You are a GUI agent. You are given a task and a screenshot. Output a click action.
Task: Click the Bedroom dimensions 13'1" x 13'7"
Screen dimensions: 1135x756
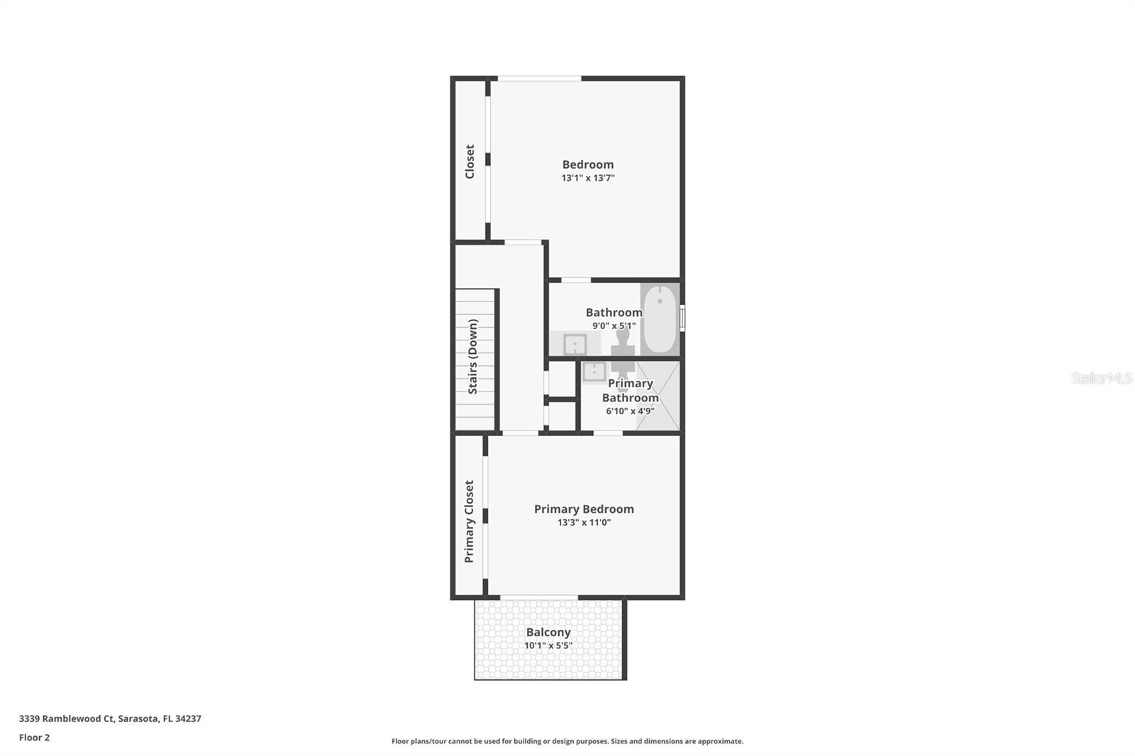pos(588,178)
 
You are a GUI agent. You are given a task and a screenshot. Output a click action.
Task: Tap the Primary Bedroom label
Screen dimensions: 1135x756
pos(584,509)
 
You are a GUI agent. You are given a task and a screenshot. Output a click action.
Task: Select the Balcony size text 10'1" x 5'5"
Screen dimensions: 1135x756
pos(548,645)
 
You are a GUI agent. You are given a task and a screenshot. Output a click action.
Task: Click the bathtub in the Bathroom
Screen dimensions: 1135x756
pos(660,319)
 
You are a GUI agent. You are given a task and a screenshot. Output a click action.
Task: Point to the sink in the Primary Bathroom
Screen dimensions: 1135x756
pos(594,372)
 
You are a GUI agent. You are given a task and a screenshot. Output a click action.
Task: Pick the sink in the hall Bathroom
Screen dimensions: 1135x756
pos(575,345)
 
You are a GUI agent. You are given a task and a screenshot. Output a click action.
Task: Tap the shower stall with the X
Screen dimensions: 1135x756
pos(658,396)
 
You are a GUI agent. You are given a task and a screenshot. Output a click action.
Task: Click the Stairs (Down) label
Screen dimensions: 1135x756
pos(472,356)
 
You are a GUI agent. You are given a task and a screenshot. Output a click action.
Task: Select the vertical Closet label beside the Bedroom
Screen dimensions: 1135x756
pos(470,162)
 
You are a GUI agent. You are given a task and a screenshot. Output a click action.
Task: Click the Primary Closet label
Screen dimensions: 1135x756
pos(469,521)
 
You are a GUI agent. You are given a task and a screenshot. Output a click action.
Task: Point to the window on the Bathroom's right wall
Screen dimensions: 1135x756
pos(682,318)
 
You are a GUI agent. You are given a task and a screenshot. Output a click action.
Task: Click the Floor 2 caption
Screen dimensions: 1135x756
pos(35,738)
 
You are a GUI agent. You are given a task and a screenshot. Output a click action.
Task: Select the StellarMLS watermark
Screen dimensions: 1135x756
pos(1102,377)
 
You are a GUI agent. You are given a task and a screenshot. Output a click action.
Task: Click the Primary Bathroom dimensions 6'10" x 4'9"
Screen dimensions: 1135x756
pos(631,411)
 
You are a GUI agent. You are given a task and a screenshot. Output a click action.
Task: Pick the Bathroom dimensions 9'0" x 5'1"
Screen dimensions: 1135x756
pos(614,326)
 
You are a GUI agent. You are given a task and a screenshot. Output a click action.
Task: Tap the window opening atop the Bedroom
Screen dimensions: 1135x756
pos(539,79)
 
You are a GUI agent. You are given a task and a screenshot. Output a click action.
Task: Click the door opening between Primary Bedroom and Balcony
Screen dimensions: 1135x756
pos(539,597)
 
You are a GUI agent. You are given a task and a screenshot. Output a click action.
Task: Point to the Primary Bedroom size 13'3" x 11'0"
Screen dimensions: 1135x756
pos(585,523)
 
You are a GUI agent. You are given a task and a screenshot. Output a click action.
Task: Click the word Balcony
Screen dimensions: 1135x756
pos(548,633)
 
